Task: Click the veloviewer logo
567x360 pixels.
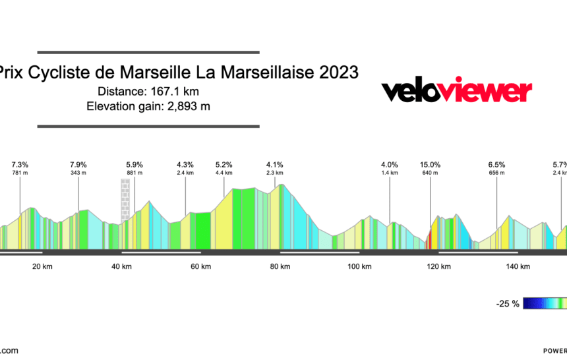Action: point(456,92)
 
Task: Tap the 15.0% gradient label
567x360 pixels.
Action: point(430,165)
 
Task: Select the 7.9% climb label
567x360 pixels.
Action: point(78,165)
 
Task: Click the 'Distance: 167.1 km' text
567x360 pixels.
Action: point(148,92)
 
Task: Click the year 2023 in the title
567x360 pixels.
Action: point(339,73)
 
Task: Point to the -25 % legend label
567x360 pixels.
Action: point(508,304)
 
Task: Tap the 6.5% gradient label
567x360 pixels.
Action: point(496,165)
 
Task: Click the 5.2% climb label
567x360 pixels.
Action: point(224,165)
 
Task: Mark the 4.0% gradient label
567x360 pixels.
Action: point(390,165)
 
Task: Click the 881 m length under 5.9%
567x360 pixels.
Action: point(134,173)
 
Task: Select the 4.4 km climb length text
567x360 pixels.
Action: point(224,173)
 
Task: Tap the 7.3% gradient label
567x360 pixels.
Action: point(20,165)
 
